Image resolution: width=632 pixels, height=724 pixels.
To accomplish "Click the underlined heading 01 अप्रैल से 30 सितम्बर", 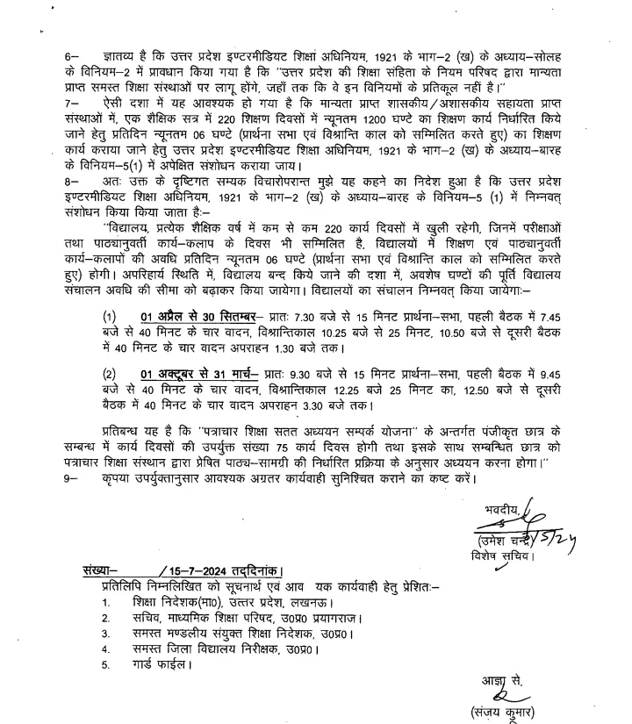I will coord(184,316).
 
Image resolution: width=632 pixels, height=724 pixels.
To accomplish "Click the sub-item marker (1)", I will coord(109,316).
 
